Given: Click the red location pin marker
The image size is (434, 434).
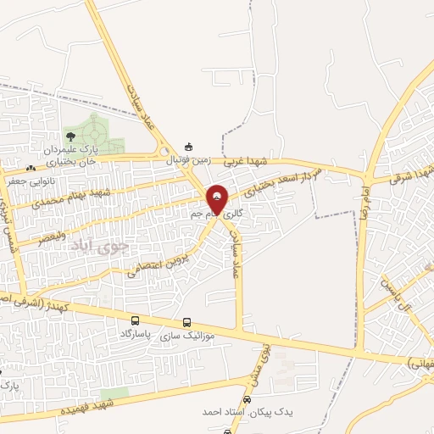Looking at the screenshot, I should point(218,199).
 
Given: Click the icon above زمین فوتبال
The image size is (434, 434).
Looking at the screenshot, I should point(188,147).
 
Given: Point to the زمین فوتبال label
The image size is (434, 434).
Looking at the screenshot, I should point(186,159).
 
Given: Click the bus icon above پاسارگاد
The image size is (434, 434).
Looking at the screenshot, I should point(136,321).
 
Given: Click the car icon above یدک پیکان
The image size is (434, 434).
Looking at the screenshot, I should point(247,398).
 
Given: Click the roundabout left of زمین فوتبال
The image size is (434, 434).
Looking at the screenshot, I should point(164,151).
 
